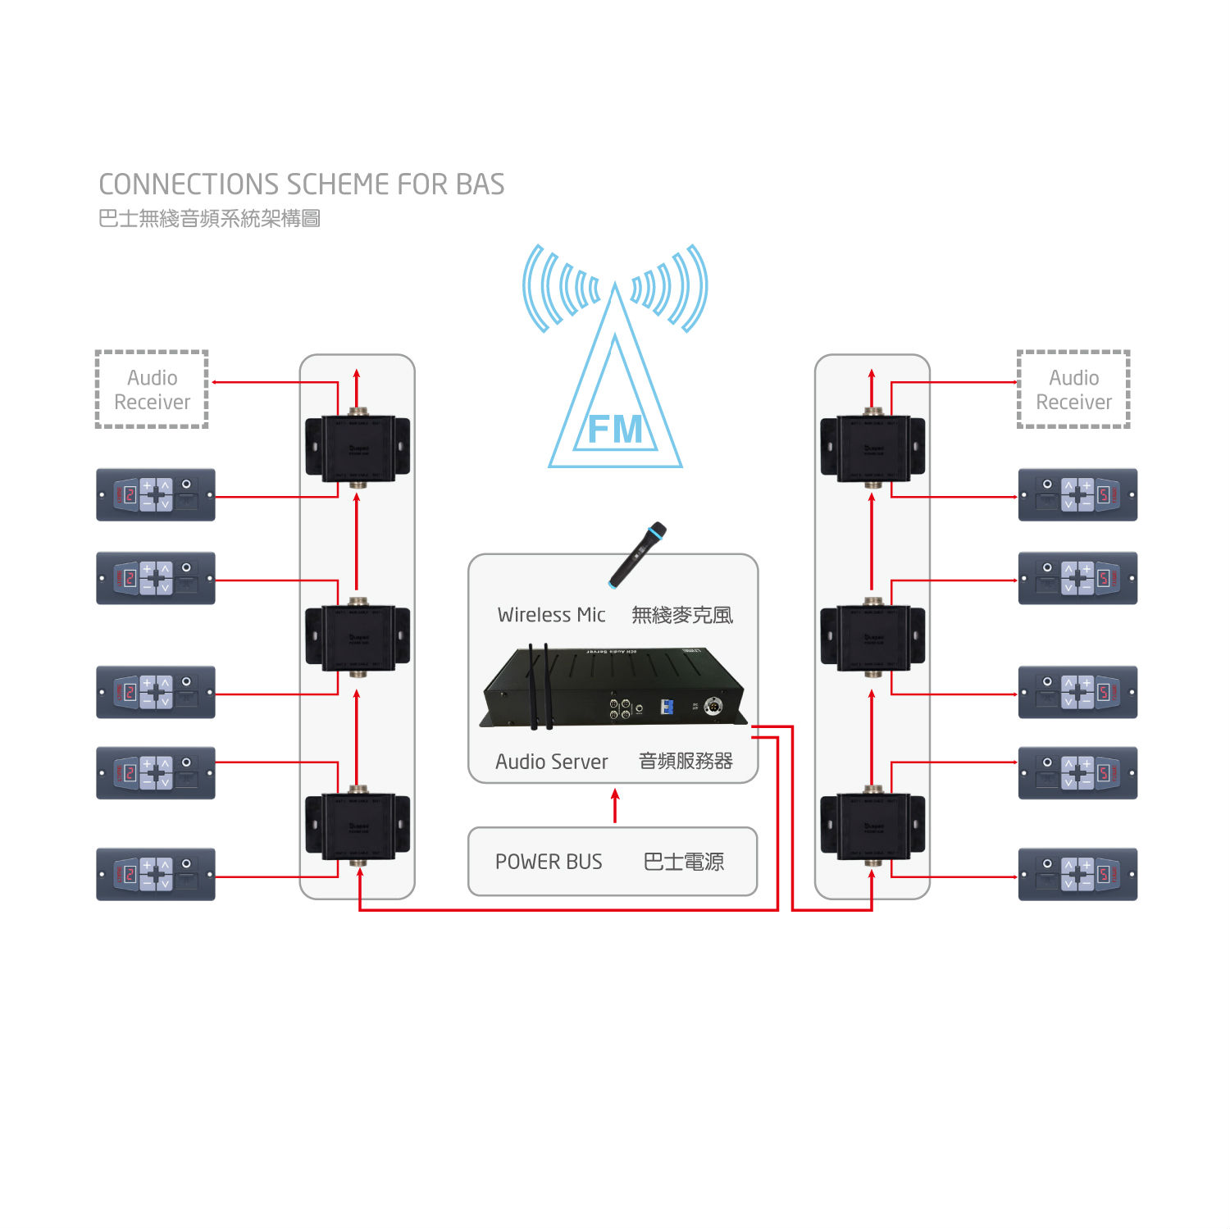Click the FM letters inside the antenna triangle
[615, 430]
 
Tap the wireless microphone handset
[637, 554]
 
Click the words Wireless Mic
[551, 615]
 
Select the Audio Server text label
[551, 762]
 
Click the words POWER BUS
[549, 862]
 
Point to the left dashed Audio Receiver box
[152, 389]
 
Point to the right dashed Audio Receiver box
[1073, 389]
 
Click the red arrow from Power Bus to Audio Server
[615, 806]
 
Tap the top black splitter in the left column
[357, 448]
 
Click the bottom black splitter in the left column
[357, 826]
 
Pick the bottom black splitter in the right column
[872, 826]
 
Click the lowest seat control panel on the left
[156, 874]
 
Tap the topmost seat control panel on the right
[1077, 494]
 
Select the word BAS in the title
[480, 184]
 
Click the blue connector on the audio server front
[667, 707]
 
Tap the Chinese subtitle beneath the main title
[209, 219]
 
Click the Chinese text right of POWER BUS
[683, 862]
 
